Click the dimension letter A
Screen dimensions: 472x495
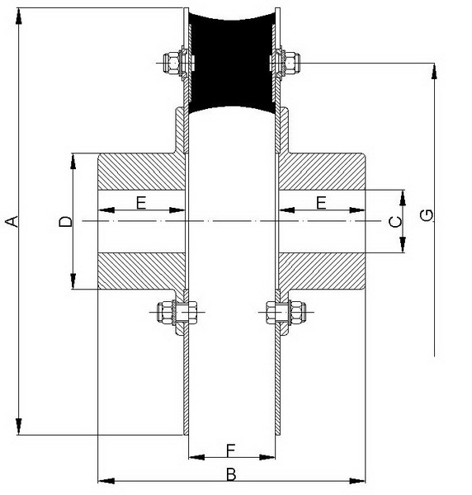(x=12, y=221)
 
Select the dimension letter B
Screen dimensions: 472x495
(x=231, y=474)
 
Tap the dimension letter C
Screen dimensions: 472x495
(x=395, y=222)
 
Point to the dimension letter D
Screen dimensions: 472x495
(x=66, y=221)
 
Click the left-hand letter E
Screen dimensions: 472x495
(x=141, y=202)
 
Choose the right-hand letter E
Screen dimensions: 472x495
(x=321, y=202)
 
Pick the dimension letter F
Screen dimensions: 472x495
(x=231, y=450)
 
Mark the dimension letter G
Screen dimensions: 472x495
(x=427, y=215)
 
